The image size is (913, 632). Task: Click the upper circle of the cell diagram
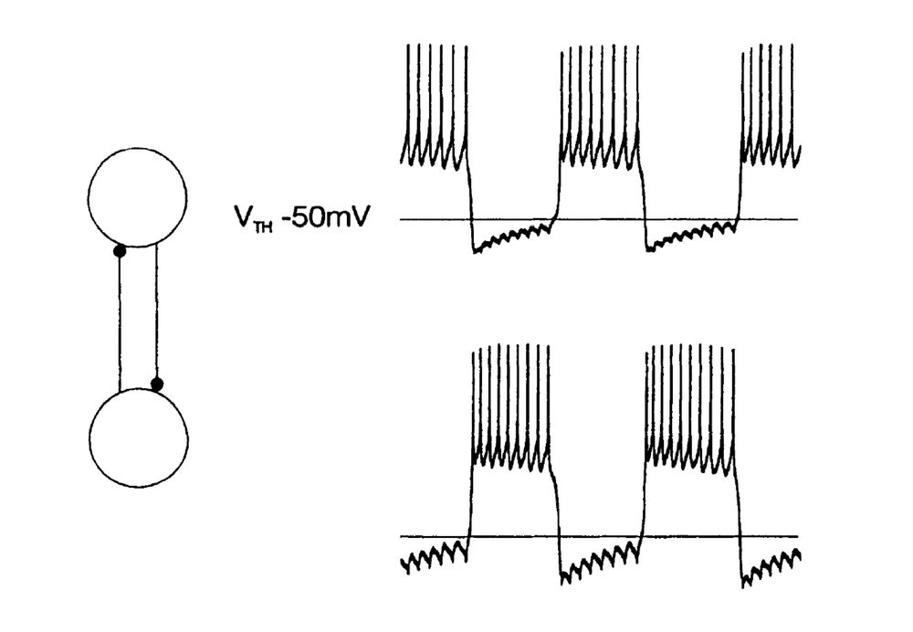[x=137, y=196]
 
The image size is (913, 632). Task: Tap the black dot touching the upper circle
[x=119, y=250]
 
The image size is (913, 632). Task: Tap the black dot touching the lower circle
[x=157, y=384]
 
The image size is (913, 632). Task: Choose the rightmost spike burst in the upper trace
[x=770, y=110]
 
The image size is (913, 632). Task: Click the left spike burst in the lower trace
[x=509, y=411]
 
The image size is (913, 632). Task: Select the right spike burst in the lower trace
[x=689, y=411]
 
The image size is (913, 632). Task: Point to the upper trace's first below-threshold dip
[x=511, y=239]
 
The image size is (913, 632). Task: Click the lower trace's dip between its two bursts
[x=598, y=562]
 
